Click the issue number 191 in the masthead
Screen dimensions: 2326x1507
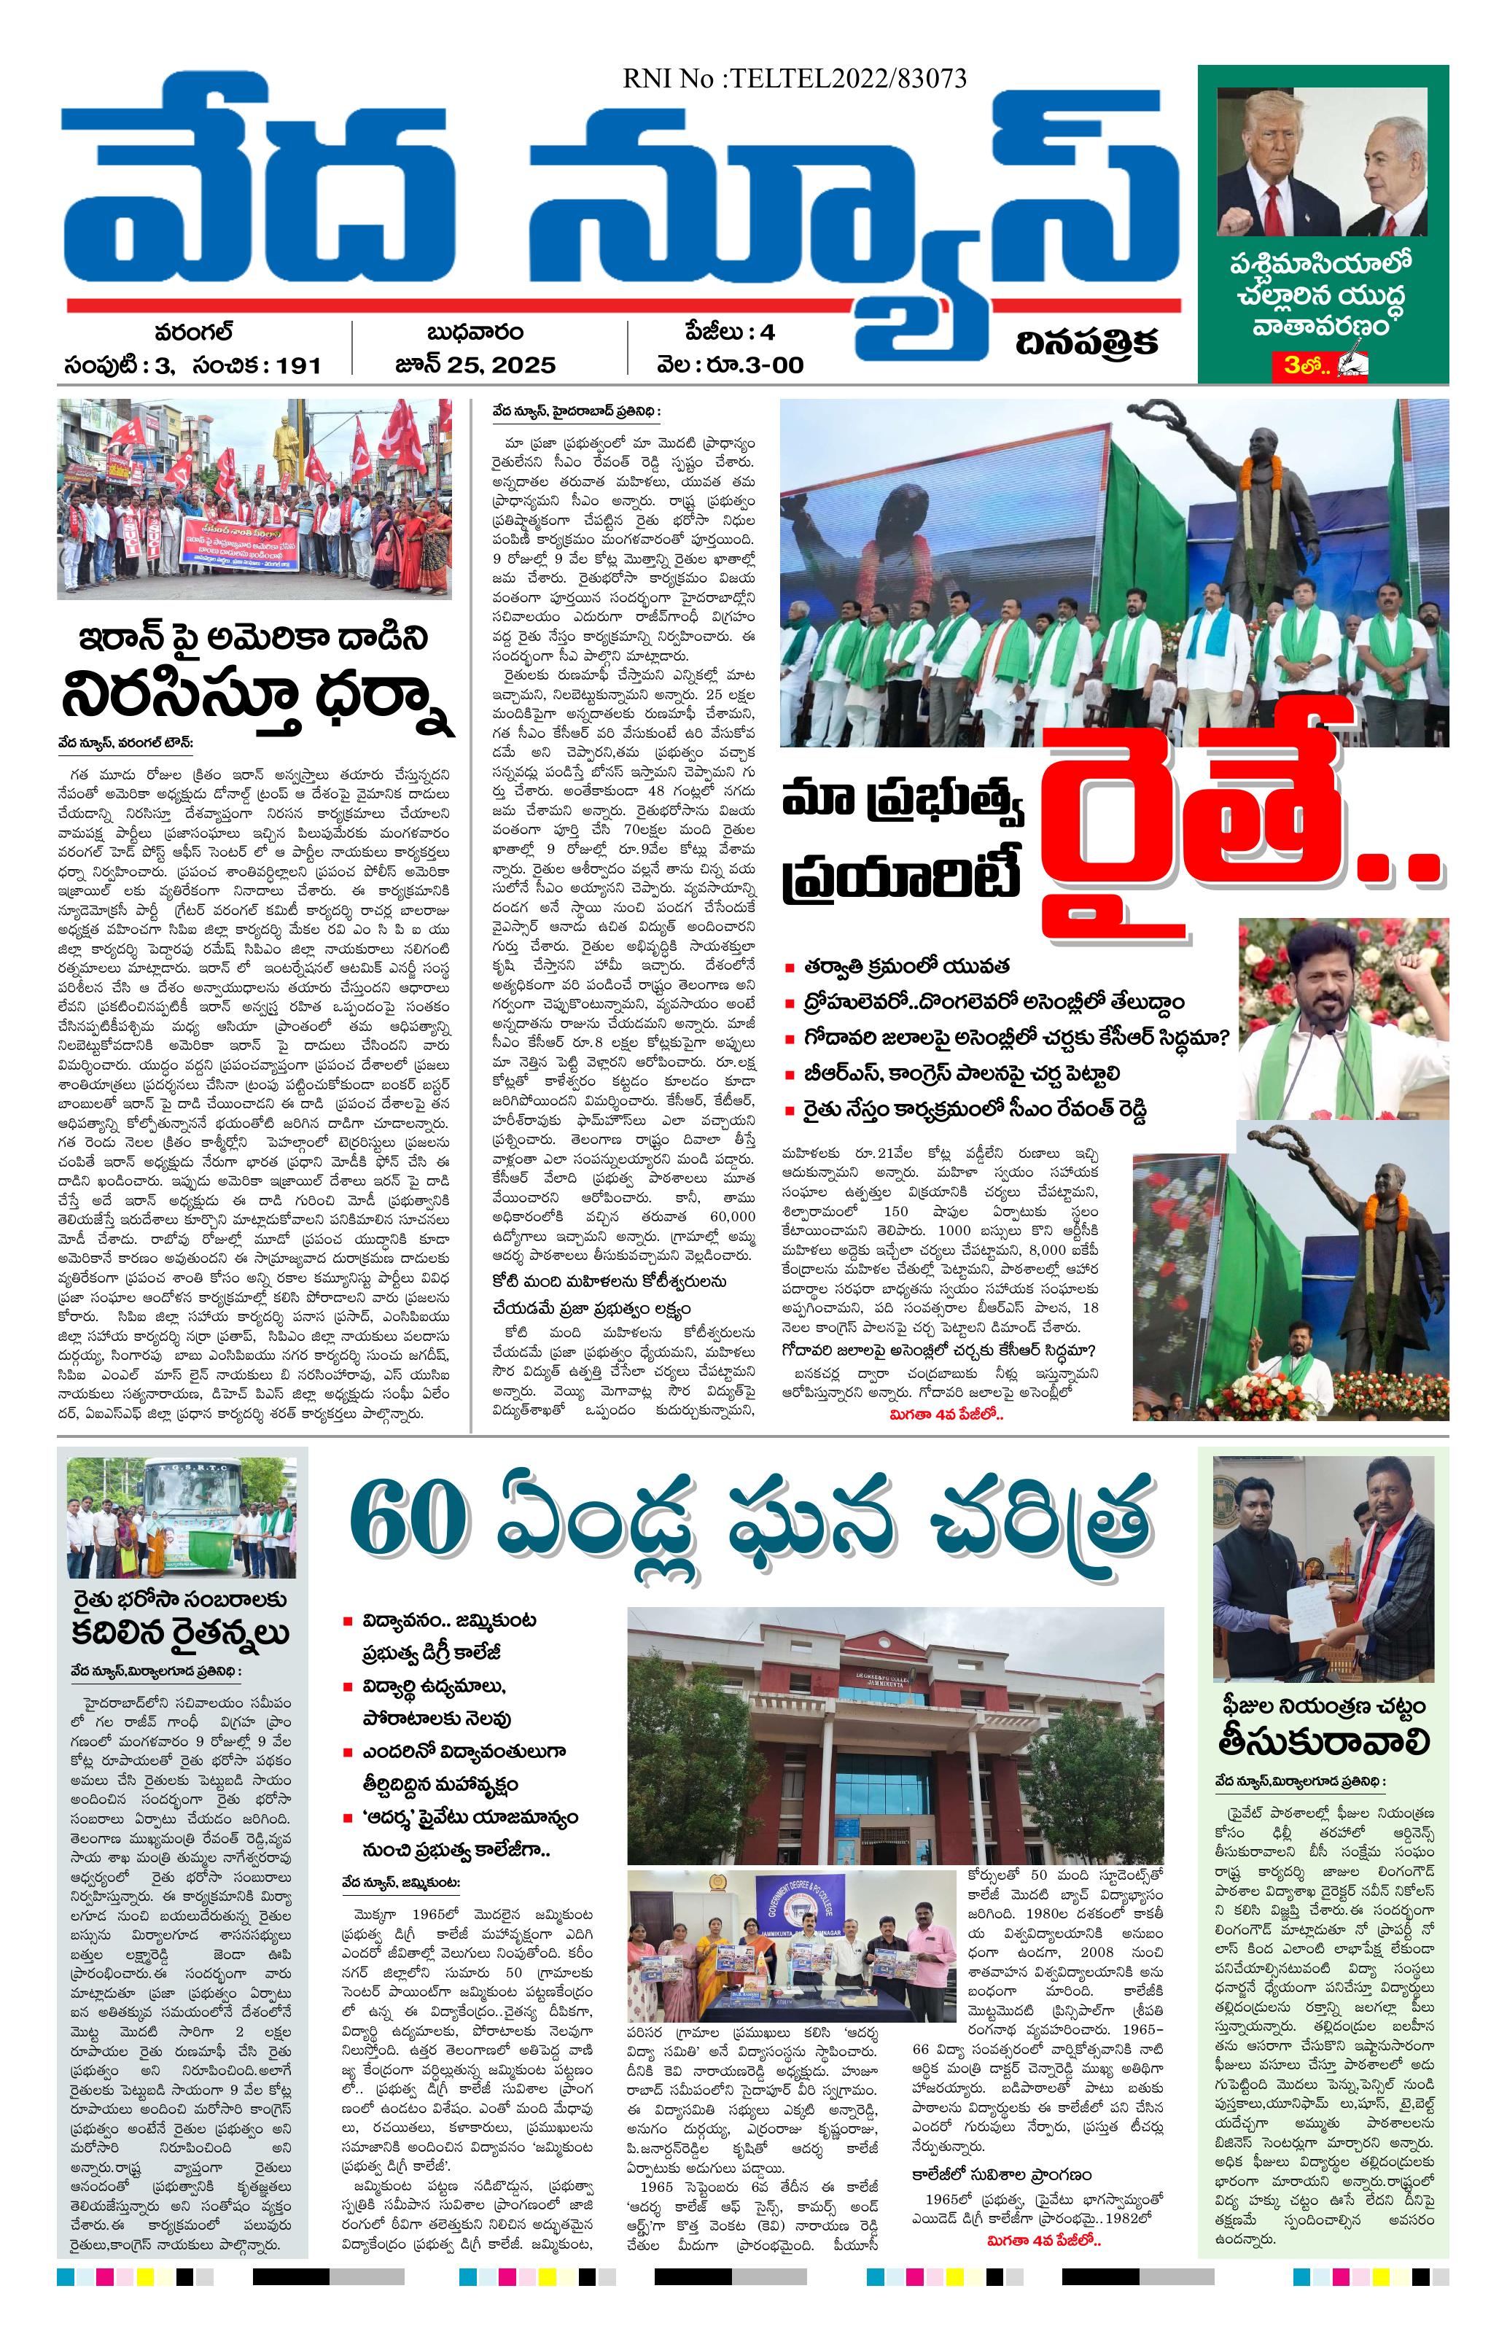point(298,365)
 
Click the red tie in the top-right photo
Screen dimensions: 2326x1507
point(1272,205)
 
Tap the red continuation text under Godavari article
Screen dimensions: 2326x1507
point(946,1413)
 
